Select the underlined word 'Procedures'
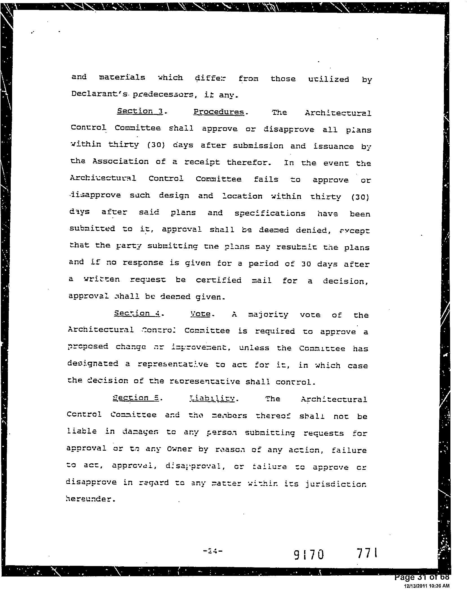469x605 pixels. click(219, 112)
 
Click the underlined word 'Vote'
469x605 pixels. click(200, 314)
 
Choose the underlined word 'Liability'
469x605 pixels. click(213, 398)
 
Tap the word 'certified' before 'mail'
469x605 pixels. click(219, 280)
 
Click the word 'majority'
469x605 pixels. click(268, 314)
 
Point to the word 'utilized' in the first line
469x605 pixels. click(329, 79)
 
